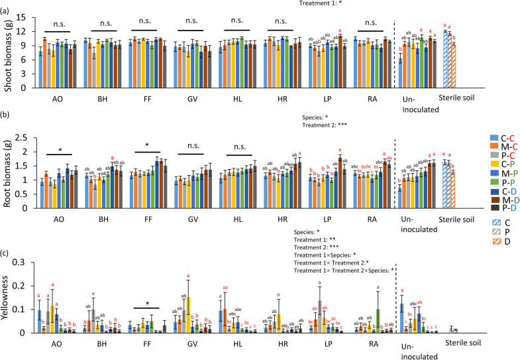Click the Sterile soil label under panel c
[x=453, y=345]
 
